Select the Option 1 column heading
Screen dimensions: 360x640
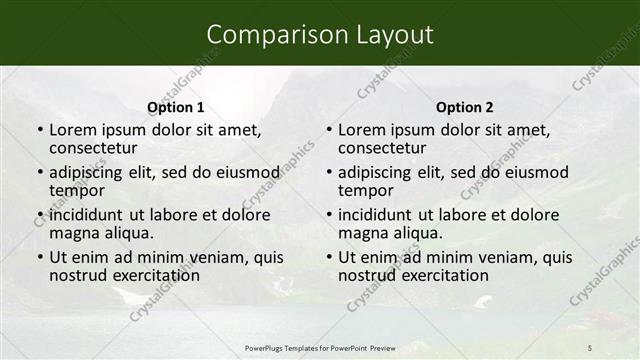coord(176,107)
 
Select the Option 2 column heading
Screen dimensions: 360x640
coord(465,107)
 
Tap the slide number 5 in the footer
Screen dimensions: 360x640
coord(590,347)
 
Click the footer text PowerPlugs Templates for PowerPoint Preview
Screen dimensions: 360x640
coord(320,347)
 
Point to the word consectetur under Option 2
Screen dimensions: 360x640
coord(381,149)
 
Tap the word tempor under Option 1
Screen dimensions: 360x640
coord(76,191)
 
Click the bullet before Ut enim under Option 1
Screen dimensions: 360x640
coord(39,257)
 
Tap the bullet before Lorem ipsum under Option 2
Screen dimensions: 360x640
coord(328,131)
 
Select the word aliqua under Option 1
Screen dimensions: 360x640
coord(126,233)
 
